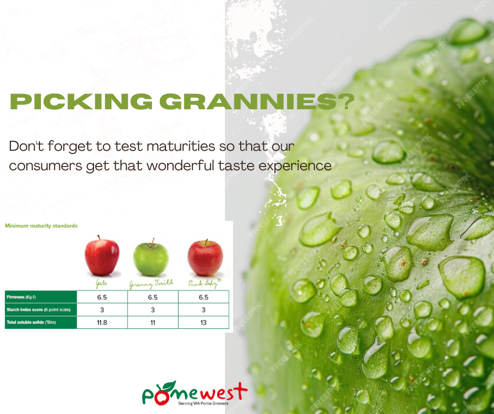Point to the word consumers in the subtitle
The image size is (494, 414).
tap(54, 165)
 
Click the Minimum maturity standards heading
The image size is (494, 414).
tap(41, 226)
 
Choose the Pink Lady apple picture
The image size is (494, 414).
tap(205, 257)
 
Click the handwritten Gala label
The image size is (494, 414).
tap(102, 284)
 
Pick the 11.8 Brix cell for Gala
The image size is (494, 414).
tap(102, 322)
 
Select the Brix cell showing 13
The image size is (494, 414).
tap(203, 322)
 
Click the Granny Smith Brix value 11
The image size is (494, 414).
tap(153, 322)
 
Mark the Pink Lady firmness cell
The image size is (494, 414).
tap(203, 297)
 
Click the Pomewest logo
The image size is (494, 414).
tap(194, 392)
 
